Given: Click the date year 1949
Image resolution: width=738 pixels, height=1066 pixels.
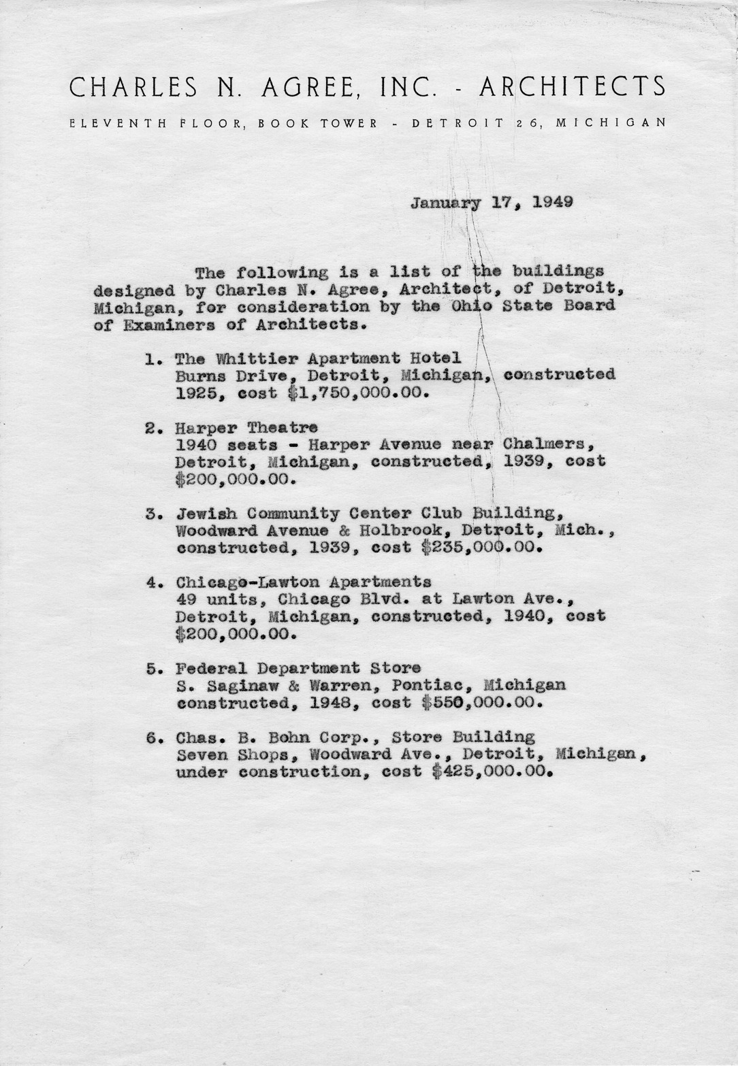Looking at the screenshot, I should [553, 202].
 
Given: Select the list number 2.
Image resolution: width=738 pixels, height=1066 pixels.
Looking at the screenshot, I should [150, 429].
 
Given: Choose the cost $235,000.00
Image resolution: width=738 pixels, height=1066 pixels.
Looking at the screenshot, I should [481, 548].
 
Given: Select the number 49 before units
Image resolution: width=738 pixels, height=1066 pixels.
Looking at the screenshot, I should [184, 599].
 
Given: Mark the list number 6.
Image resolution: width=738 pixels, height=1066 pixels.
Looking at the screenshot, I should [150, 737].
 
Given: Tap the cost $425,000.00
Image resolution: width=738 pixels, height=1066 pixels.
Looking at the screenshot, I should [491, 772].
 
